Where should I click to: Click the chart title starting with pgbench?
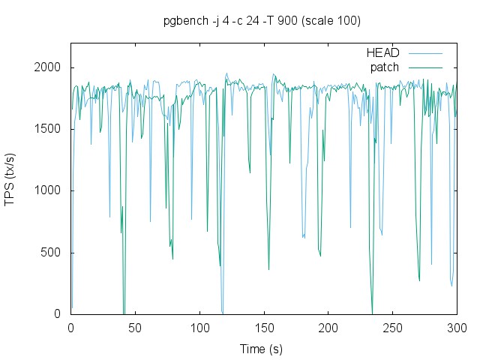(262, 21)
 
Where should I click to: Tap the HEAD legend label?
(382, 53)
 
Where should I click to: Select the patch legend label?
(385, 67)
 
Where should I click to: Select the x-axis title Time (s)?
(261, 349)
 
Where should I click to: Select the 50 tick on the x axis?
(136, 328)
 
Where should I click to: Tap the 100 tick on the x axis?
(199, 328)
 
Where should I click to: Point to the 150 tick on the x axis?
(264, 328)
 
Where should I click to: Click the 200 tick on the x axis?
(328, 328)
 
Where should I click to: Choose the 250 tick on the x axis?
(393, 328)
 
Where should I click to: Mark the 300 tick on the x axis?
(457, 328)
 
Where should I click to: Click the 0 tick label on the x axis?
(71, 328)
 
